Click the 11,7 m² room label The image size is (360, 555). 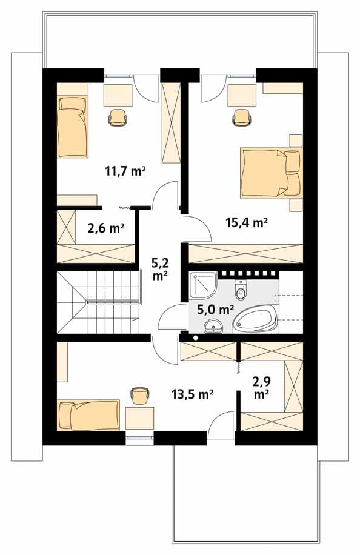(x=125, y=171)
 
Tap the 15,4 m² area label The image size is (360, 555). (x=247, y=222)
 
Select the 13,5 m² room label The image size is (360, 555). (x=192, y=394)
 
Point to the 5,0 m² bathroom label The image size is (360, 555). (x=215, y=310)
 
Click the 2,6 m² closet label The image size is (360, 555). (x=105, y=228)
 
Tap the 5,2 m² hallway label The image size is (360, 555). (x=160, y=269)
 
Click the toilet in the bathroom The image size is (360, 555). (x=241, y=289)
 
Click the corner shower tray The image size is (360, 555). (x=203, y=285)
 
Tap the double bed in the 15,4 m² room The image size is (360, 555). (x=271, y=173)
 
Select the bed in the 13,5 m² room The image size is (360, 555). (x=88, y=415)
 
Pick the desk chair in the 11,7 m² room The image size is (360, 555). (x=118, y=117)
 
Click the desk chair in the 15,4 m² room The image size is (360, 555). (x=242, y=117)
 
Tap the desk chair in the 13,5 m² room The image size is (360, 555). (x=140, y=396)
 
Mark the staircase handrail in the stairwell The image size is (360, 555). (x=114, y=302)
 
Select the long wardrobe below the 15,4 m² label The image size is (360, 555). (x=245, y=253)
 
